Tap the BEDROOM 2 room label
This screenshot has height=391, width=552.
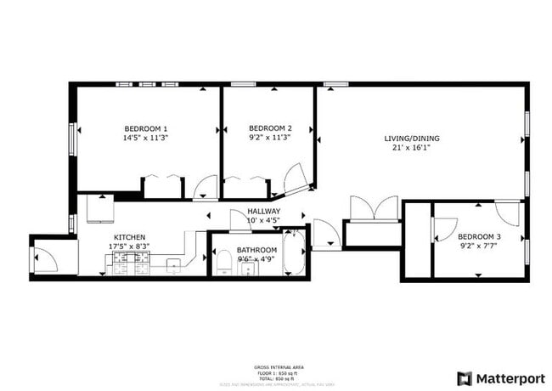point(270,128)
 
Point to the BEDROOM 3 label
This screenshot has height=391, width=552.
point(479,236)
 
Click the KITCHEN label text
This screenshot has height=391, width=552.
point(130,237)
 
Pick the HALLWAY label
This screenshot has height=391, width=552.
point(264,212)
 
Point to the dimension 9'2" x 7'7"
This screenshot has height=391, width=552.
point(479,246)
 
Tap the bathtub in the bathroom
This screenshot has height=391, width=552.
point(294,252)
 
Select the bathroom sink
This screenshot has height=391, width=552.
point(248,269)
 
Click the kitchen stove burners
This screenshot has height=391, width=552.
point(128,266)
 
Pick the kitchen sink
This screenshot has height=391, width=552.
point(173,266)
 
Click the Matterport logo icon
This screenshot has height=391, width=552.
point(465,377)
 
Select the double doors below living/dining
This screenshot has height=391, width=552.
point(374,208)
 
